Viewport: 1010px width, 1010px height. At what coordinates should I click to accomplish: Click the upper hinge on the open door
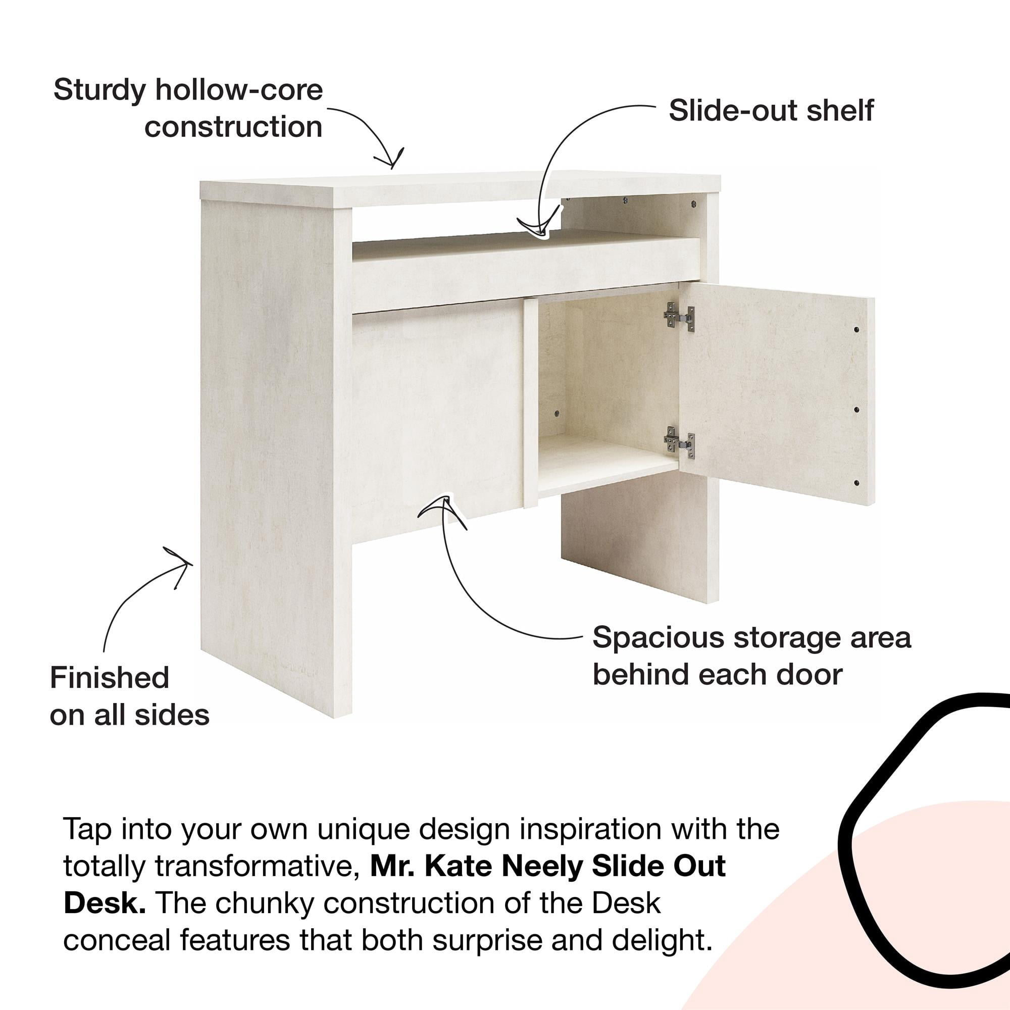pos(679,317)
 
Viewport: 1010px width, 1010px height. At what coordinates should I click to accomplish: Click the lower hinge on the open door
pos(679,443)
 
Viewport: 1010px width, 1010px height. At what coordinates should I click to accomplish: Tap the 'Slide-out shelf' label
pos(771,110)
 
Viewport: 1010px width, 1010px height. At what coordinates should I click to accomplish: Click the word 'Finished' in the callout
pos(109,678)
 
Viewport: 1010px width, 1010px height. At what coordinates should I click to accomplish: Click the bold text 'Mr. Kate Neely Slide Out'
pos(548,866)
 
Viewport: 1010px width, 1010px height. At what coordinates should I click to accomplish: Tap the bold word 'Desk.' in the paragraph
pos(105,903)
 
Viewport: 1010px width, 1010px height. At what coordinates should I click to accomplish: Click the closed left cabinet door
pos(437,413)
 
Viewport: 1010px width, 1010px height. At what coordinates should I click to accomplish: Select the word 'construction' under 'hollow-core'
pos(233,128)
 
